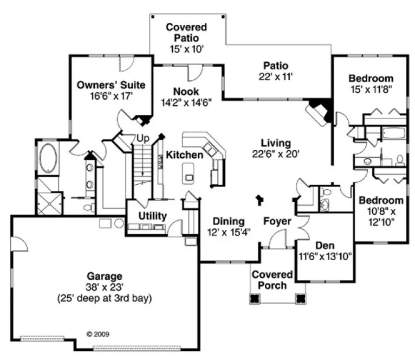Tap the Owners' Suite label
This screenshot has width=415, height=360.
point(111,85)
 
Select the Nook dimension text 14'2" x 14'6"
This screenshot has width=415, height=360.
point(186,101)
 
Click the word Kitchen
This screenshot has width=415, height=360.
point(184,155)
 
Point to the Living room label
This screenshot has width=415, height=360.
point(276,143)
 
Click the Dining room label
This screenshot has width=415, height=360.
point(228,221)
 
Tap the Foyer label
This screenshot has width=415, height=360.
point(277,221)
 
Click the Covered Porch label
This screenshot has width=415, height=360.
point(269,280)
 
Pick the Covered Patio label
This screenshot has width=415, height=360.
point(186,32)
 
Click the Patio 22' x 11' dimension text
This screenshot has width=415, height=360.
point(276,77)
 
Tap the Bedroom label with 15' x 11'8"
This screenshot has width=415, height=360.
point(371,78)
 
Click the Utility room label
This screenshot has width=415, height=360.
point(152,216)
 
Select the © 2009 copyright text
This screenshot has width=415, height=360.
point(98,335)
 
